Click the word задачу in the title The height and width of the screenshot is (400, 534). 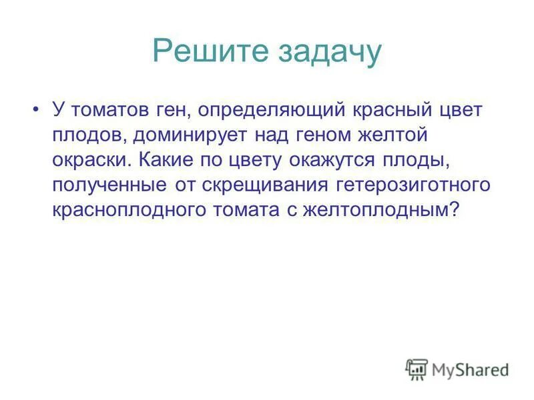click(326, 52)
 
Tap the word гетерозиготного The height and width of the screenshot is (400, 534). click(409, 184)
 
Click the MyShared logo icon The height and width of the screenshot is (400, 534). click(417, 369)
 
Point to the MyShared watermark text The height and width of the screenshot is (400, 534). click(470, 369)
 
